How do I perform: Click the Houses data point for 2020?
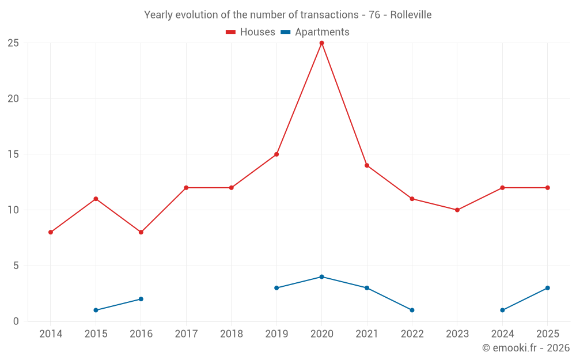tap(322, 43)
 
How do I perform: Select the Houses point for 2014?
tap(51, 232)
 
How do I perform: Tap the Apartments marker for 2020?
tap(322, 276)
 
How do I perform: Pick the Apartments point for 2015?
tap(96, 310)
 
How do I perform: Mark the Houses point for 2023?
tap(457, 210)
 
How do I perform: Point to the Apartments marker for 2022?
tap(412, 310)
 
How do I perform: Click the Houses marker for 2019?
tap(276, 154)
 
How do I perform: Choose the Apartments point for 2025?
tap(548, 288)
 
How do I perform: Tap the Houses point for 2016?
tap(141, 232)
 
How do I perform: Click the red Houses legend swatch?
tap(231, 32)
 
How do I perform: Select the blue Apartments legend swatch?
tap(286, 32)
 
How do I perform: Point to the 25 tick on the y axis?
tap(13, 43)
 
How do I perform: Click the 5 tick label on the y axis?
tap(16, 266)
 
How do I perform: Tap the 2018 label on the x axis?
tap(232, 334)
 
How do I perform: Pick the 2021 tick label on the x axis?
tap(367, 334)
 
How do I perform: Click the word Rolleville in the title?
tap(411, 15)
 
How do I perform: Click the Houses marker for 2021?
tap(367, 165)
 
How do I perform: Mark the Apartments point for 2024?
tap(502, 310)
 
